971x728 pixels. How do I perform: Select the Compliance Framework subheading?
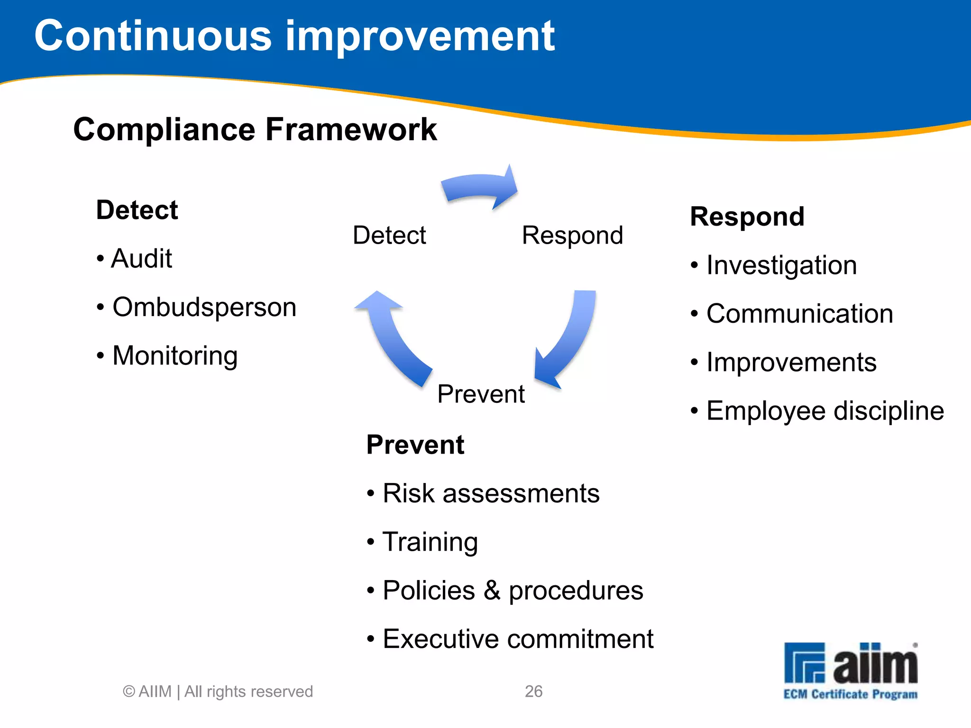point(255,129)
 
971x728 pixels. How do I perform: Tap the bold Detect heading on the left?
point(137,210)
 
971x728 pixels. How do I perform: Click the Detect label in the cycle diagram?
point(389,235)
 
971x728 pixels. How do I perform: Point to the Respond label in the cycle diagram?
point(572,235)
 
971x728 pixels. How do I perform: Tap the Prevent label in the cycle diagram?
point(481,394)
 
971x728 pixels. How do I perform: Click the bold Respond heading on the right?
point(747,217)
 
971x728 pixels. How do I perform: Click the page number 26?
point(533,692)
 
